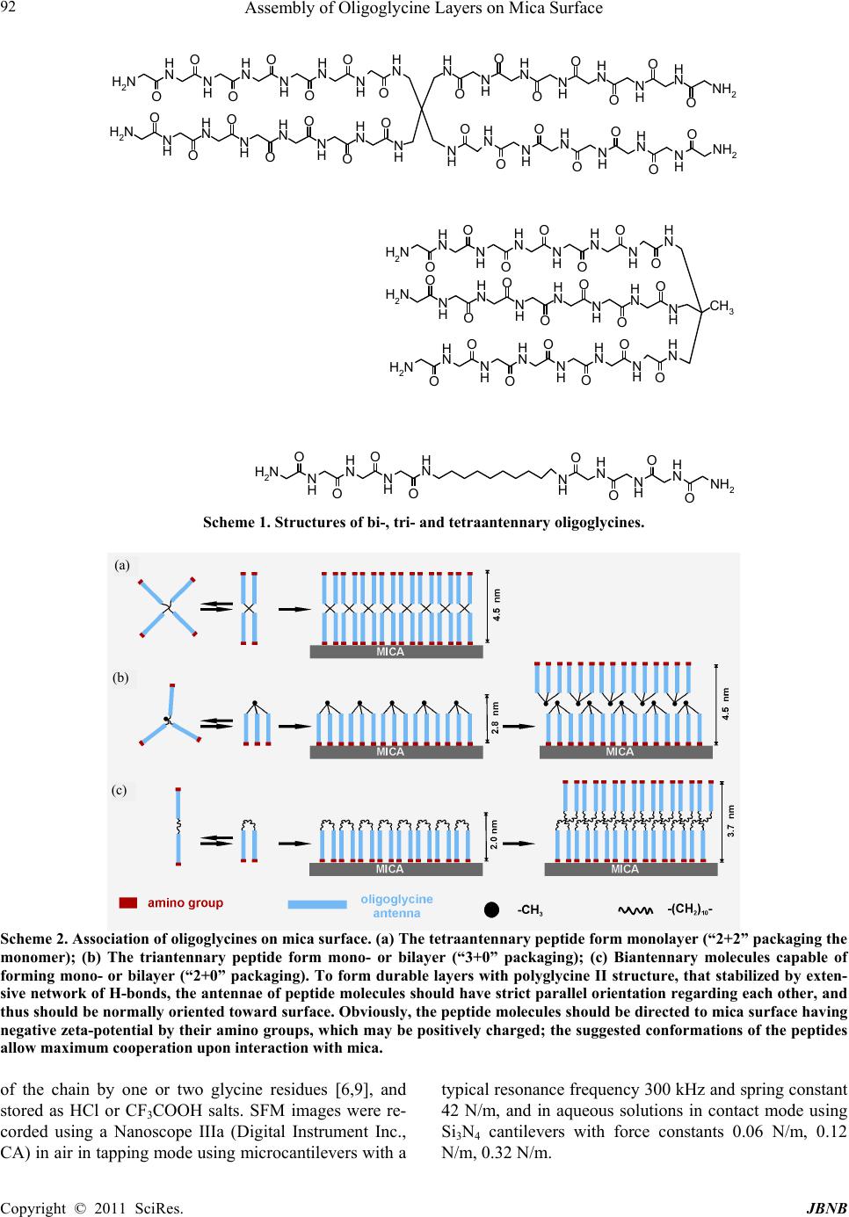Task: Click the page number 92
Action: pos(8,8)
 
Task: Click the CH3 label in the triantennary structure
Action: pos(722,307)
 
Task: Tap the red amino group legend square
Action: pos(127,902)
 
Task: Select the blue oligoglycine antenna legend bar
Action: pos(317,904)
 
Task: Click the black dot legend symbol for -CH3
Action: pos(491,909)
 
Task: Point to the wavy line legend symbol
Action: pos(635,910)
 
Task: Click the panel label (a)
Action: pos(122,566)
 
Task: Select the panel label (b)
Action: pos(120,677)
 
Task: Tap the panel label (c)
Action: pos(120,790)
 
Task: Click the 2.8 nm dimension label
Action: pos(495,718)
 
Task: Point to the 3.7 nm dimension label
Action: pos(730,821)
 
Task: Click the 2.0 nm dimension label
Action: pos(494,834)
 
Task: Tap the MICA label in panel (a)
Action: pos(390,651)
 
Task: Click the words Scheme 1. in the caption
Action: pos(236,523)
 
